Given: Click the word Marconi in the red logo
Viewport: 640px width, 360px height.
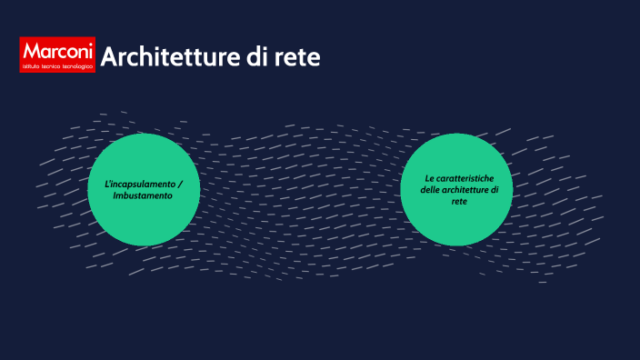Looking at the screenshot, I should tap(57, 51).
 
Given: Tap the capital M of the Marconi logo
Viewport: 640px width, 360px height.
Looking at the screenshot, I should tap(31, 51).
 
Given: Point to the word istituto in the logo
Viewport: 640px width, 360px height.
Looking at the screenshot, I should tap(33, 65).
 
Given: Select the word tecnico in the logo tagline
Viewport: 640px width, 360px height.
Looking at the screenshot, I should tap(53, 65).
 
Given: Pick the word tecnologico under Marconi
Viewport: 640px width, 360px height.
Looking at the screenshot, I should tap(77, 65).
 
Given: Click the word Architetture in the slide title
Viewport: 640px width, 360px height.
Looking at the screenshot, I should tap(162, 57).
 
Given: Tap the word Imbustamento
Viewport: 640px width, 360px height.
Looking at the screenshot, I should tap(143, 195).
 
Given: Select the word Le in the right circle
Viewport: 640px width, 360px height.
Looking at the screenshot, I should tap(430, 177).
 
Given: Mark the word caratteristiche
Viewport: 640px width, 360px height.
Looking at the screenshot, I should tap(465, 177).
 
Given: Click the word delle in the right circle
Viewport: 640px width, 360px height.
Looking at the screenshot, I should tap(430, 189).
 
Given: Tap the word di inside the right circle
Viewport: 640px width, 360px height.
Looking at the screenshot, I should tap(495, 189).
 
